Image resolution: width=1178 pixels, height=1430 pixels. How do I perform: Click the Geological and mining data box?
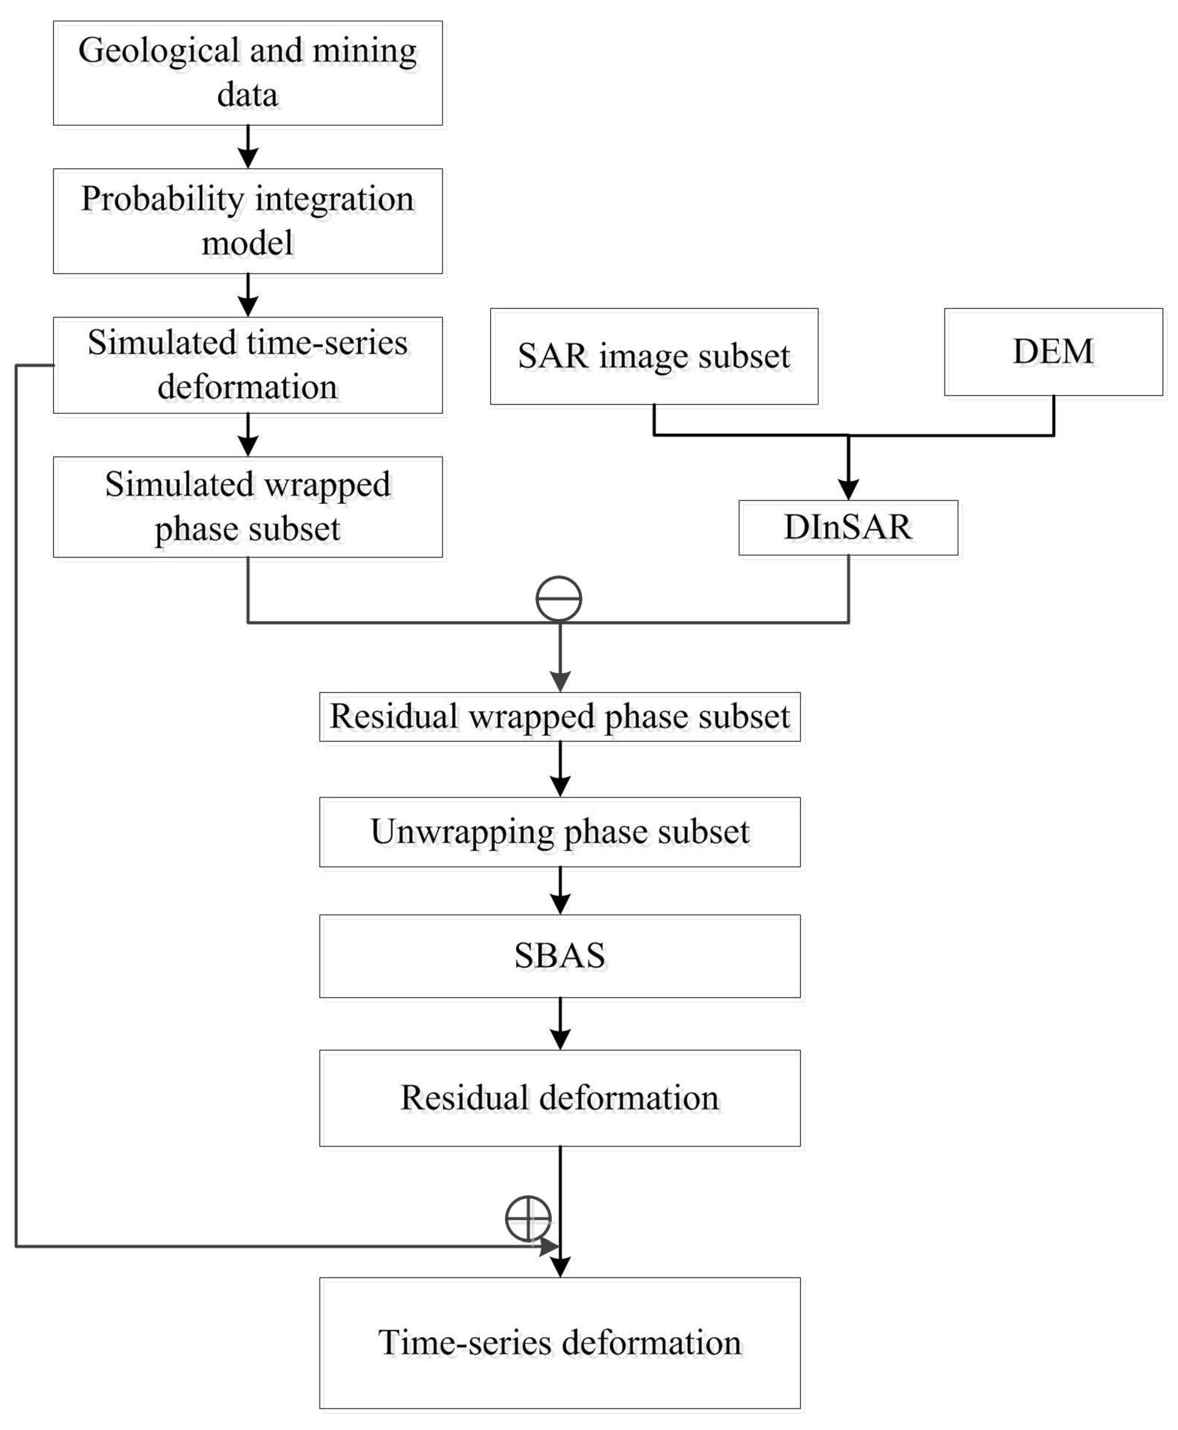tap(248, 73)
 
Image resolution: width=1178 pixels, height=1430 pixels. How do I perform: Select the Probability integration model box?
tap(248, 221)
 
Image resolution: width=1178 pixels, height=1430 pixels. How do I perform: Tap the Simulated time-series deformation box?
tap(248, 365)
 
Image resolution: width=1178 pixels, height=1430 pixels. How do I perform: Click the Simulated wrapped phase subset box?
tap(248, 507)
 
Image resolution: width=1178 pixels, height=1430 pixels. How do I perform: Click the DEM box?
tap(1053, 352)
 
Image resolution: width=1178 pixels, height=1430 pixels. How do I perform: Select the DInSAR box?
tap(848, 528)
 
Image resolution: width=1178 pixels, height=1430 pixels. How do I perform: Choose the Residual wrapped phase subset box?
tap(560, 716)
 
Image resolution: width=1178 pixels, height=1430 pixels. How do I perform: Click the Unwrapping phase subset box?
tap(560, 832)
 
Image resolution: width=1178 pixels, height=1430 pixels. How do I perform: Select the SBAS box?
tap(560, 956)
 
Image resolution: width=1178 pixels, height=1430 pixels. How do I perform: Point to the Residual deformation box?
tap(560, 1098)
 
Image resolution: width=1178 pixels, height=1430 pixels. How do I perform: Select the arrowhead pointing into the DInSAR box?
tap(848, 488)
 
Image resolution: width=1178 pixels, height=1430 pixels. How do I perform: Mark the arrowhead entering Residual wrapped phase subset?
tap(560, 680)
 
